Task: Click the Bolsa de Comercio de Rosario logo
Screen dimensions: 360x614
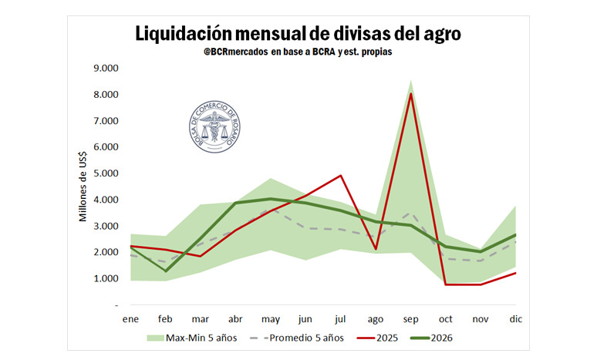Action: (x=208, y=126)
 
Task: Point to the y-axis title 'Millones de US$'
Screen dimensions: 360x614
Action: (x=83, y=187)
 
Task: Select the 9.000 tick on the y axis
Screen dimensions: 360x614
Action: (x=106, y=68)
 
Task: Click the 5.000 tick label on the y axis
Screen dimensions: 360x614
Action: (x=106, y=173)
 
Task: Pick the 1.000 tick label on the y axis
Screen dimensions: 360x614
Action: (x=106, y=278)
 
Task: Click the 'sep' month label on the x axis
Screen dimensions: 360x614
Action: (x=411, y=318)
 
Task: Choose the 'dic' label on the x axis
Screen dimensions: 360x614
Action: (x=515, y=318)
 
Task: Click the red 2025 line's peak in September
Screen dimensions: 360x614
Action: (x=411, y=93)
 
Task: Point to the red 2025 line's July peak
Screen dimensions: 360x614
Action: (x=341, y=175)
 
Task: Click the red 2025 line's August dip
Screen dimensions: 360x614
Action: (x=376, y=249)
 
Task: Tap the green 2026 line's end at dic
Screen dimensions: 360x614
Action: (x=515, y=234)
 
